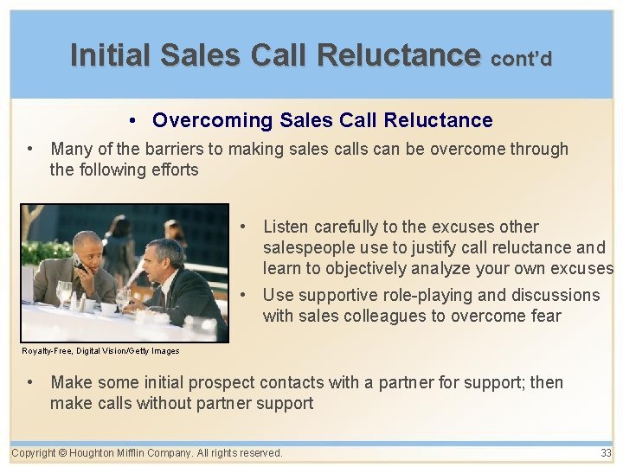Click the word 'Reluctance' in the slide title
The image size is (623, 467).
(398, 55)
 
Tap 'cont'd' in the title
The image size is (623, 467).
(521, 59)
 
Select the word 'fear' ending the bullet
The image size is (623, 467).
(543, 316)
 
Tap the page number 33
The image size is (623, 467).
(605, 453)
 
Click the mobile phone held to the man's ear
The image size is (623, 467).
(78, 260)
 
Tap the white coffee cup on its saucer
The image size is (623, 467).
(108, 308)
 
